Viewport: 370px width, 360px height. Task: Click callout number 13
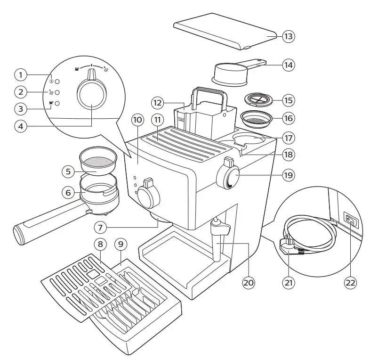tap(288, 35)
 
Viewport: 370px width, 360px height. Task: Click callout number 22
tap(349, 283)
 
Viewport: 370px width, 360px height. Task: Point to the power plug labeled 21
tap(287, 245)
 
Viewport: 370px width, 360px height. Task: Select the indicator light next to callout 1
tap(57, 75)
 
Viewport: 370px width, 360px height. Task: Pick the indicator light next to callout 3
tap(57, 104)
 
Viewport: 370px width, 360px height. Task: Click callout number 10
tap(137, 120)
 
